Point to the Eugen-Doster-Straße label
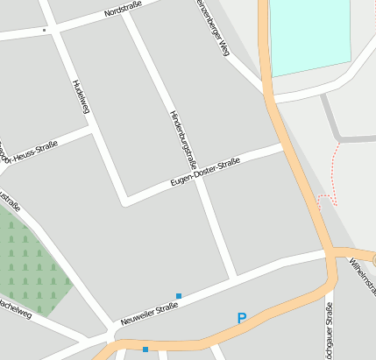point(205,173)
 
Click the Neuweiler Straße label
point(144,314)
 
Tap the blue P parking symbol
point(242,319)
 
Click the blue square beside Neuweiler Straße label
point(179,296)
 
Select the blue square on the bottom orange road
point(145,349)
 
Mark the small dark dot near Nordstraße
point(44,30)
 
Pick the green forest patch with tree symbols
point(31,258)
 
